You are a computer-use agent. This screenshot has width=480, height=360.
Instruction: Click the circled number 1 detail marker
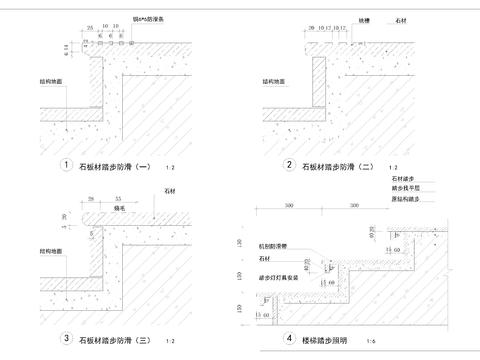pos(66,165)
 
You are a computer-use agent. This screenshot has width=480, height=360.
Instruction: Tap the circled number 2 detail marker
pos(289,165)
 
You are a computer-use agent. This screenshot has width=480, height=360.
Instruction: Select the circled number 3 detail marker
pos(66,339)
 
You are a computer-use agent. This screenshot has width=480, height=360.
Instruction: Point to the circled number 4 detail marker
pos(289,339)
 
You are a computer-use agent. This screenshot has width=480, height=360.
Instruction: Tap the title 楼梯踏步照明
pos(326,340)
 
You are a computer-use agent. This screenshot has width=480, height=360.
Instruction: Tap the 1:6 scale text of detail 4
pos(373,341)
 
